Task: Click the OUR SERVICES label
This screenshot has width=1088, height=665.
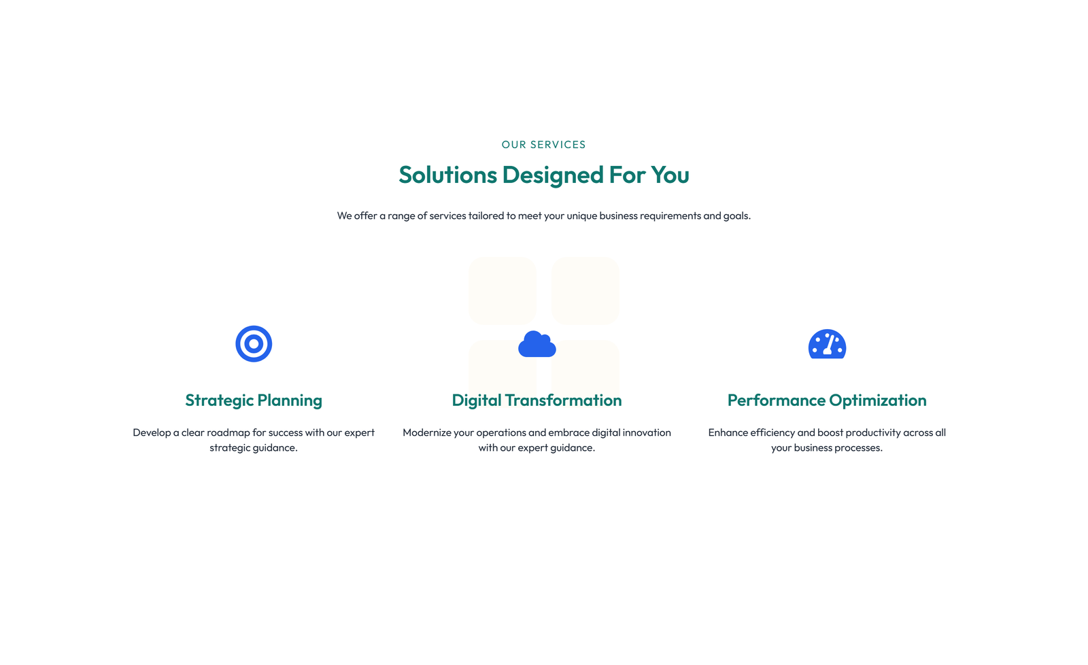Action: (543, 144)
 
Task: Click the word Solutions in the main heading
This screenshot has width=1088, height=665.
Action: (447, 174)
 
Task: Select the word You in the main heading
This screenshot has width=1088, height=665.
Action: (670, 175)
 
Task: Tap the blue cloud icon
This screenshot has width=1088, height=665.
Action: (537, 345)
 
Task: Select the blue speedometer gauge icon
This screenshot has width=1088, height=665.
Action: (827, 345)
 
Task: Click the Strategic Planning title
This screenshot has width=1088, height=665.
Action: (254, 400)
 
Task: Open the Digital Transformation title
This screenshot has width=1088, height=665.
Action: (537, 400)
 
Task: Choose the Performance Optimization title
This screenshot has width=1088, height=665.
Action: (827, 400)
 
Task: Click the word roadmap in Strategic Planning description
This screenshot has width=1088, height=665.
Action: (228, 432)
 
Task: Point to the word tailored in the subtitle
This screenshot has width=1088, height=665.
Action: (486, 215)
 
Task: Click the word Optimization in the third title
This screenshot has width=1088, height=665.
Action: (878, 400)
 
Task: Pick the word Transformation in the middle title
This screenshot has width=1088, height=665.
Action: (563, 400)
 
